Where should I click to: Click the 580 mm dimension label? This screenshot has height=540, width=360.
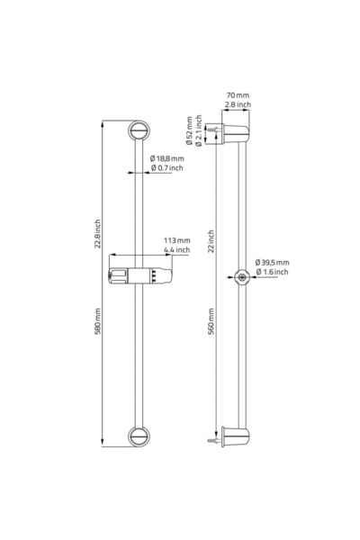click(x=98, y=321)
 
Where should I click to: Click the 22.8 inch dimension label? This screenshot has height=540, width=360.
click(x=98, y=234)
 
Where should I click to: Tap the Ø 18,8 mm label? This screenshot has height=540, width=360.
click(x=167, y=158)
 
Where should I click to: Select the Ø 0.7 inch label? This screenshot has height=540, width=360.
click(x=167, y=167)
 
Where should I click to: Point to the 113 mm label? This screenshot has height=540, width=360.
click(x=176, y=240)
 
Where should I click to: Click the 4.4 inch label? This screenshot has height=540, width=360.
click(x=176, y=249)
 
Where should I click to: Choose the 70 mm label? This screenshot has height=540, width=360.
click(x=238, y=95)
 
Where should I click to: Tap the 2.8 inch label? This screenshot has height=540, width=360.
click(x=238, y=104)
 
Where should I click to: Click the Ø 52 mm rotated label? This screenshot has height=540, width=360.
click(x=189, y=130)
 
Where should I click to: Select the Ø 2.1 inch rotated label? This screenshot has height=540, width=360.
click(x=198, y=130)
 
